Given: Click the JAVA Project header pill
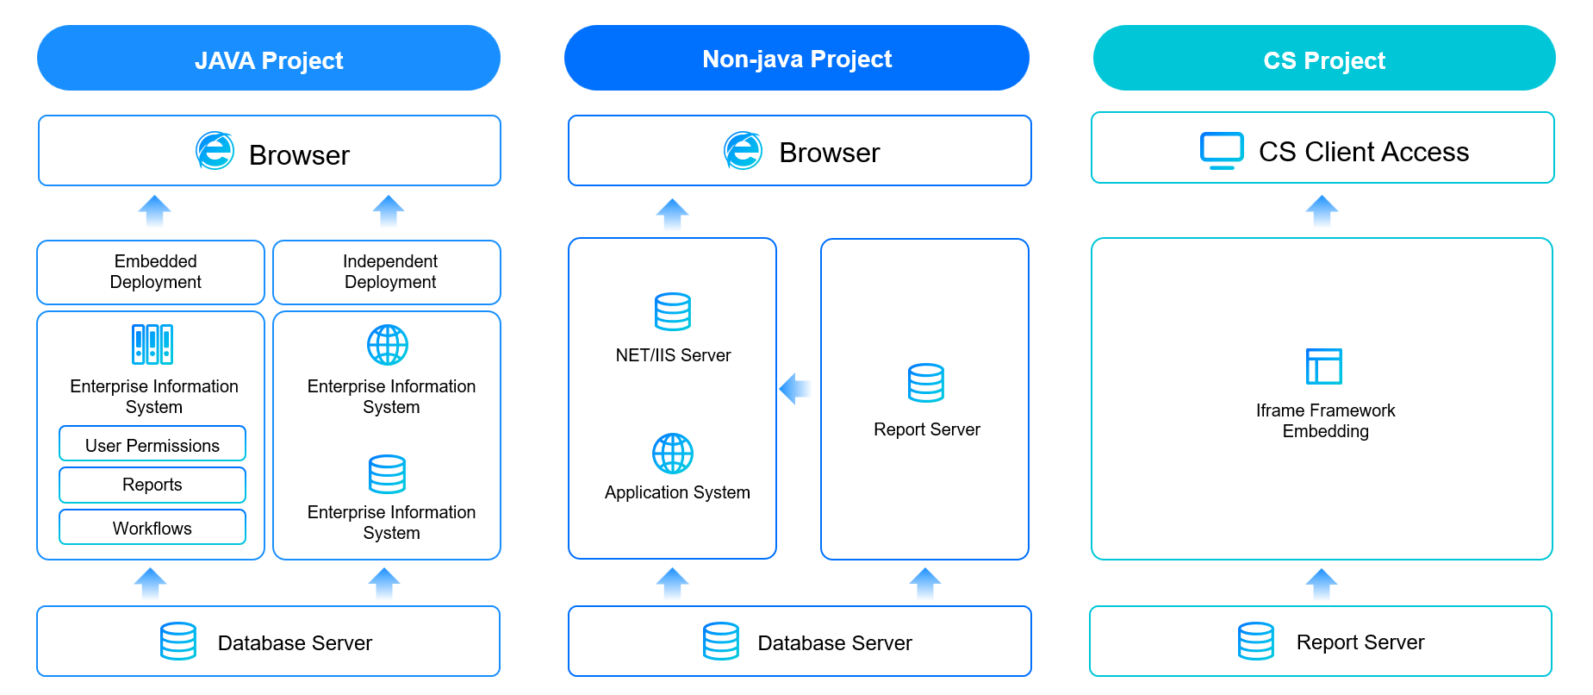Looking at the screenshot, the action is tap(269, 58).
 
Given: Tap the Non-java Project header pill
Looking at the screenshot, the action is tap(797, 58).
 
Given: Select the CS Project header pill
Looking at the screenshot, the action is tap(1324, 58).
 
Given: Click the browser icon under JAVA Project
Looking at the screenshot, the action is tap(215, 151).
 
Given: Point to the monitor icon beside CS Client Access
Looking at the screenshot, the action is tap(1222, 151).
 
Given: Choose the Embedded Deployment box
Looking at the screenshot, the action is tap(151, 272).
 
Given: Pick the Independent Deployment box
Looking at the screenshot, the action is tap(387, 272).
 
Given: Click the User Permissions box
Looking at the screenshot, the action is tap(152, 443).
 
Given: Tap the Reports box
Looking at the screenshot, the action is tap(152, 485).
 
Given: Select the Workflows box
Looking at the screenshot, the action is tap(152, 527).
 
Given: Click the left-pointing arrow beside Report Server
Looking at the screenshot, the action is tap(795, 388).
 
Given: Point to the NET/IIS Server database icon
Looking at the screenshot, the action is tap(673, 312).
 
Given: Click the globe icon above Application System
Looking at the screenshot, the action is tap(673, 454).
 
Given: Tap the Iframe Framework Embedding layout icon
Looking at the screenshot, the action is tap(1324, 366).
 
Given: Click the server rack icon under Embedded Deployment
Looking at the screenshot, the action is tap(152, 345).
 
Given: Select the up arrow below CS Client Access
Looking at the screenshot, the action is tap(1322, 210).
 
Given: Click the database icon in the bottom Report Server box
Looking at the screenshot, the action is tap(1256, 642).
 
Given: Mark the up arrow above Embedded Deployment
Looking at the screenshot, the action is tap(155, 210).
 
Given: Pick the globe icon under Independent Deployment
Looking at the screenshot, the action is tap(388, 345).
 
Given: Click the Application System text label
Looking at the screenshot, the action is tap(677, 492).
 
